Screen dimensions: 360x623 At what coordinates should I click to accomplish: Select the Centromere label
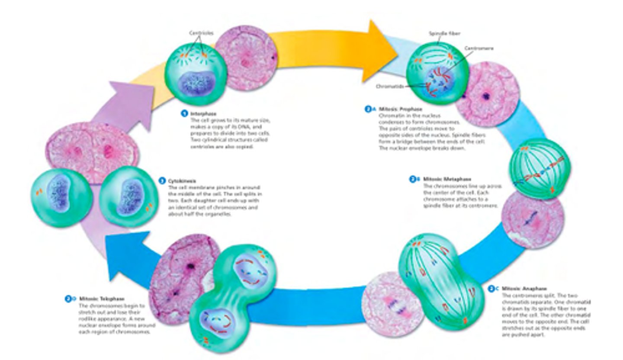[478, 48]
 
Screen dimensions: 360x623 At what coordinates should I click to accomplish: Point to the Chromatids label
[390, 86]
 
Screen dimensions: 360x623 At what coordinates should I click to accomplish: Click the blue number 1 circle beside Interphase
[185, 114]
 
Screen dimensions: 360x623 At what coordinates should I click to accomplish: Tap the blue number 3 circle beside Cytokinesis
[162, 181]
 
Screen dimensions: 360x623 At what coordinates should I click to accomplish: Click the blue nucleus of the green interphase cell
[193, 83]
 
